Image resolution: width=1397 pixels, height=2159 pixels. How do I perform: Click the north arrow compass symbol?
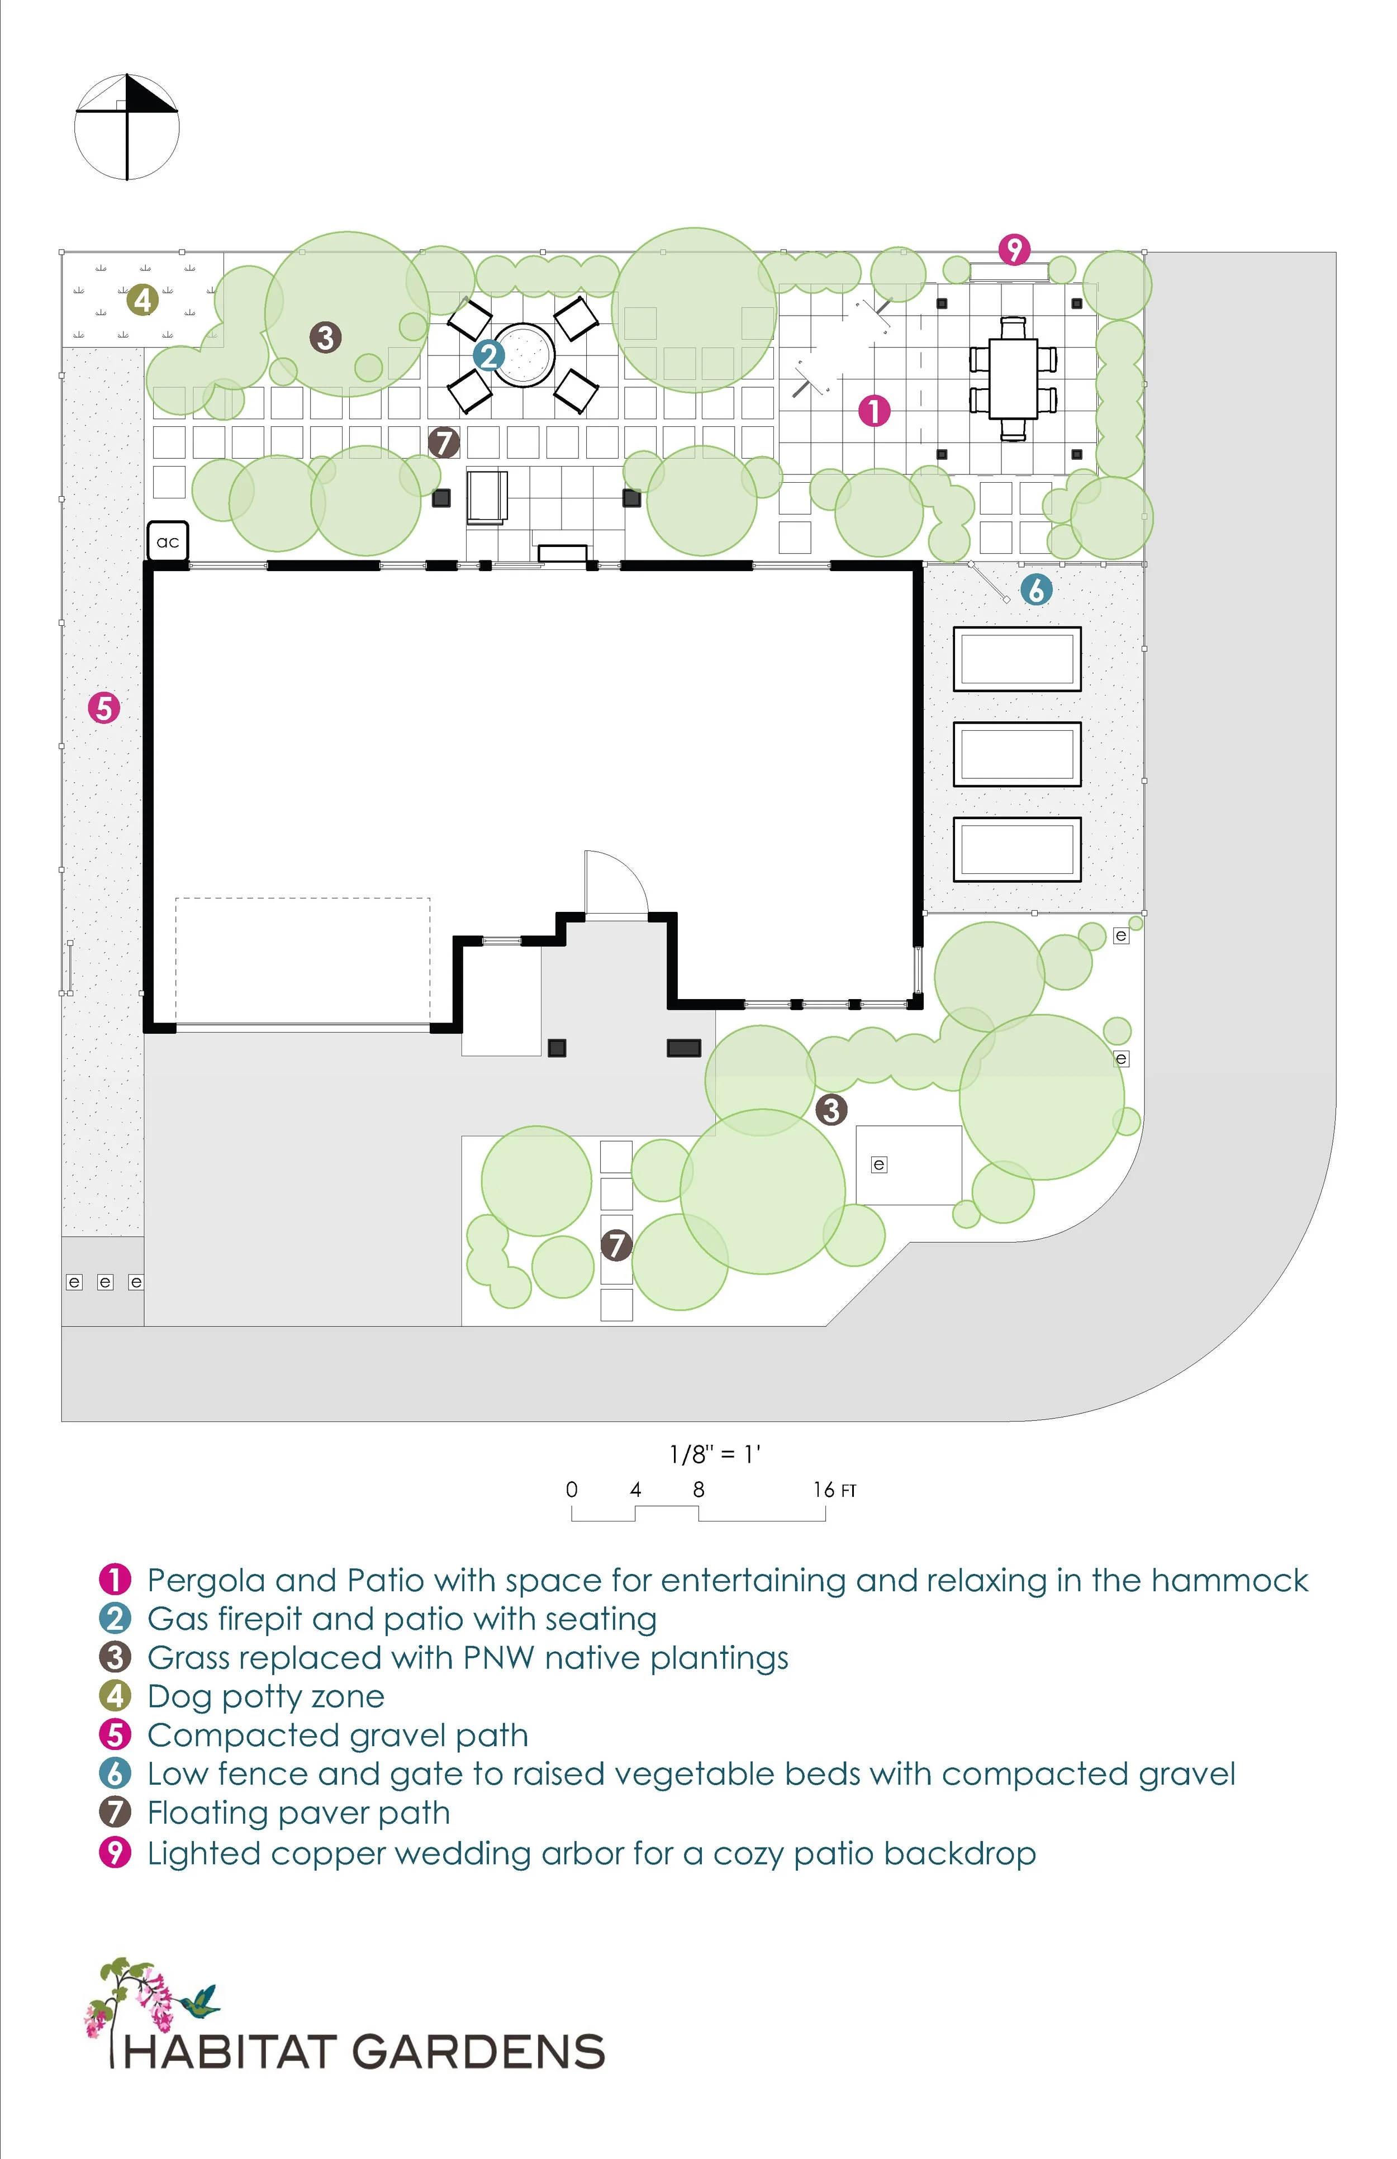[x=127, y=127]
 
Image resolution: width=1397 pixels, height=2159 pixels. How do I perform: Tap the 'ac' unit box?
[x=168, y=541]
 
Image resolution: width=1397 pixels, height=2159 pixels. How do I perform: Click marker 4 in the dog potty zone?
[x=142, y=299]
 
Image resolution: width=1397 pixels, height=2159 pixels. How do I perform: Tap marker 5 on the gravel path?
[x=104, y=707]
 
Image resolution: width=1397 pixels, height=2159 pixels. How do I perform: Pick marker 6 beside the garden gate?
[x=1036, y=591]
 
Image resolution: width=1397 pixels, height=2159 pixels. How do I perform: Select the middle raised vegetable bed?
[x=1017, y=754]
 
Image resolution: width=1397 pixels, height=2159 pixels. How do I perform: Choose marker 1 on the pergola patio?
[x=875, y=411]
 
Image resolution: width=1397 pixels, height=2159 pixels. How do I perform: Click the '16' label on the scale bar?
[x=824, y=1490]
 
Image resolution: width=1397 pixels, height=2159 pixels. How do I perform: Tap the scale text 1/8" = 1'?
[x=715, y=1455]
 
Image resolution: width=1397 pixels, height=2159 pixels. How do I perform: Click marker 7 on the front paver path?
[x=617, y=1244]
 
